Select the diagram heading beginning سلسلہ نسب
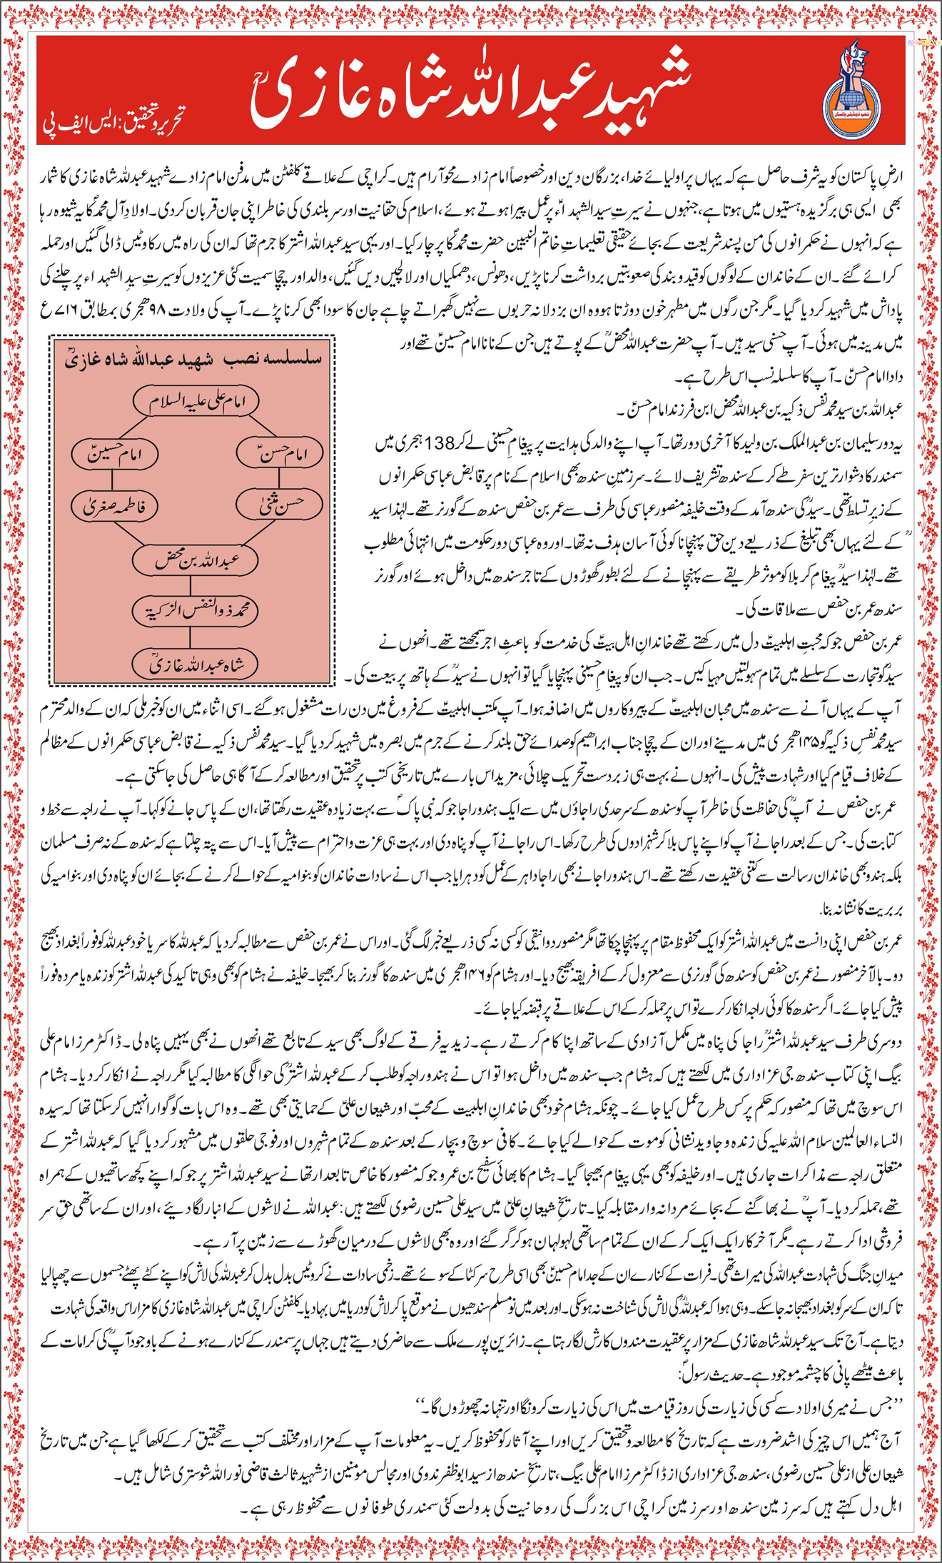[x=193, y=358]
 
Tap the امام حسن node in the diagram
[x=280, y=453]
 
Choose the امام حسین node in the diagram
[x=115, y=453]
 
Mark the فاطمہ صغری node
[x=115, y=507]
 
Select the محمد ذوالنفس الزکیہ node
[x=194, y=610]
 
